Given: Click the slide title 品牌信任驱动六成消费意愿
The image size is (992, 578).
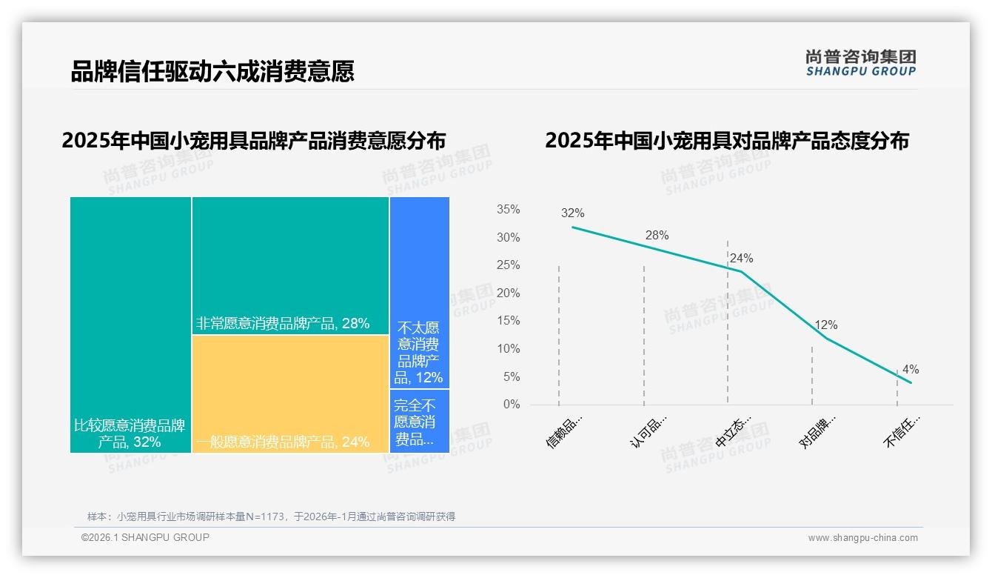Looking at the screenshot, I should tap(212, 71).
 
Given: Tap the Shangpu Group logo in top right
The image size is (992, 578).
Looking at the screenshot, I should tap(860, 63).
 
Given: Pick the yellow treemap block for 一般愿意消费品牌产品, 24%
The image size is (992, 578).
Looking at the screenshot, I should tap(290, 393).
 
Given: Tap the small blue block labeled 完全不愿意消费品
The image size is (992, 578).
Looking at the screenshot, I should tap(419, 421).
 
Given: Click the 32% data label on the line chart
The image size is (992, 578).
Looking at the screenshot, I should tap(572, 213).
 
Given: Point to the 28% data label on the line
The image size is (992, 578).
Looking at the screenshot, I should tap(657, 236).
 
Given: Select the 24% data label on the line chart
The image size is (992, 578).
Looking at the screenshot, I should tap(741, 259).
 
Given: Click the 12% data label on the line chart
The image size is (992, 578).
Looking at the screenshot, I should tap(825, 325).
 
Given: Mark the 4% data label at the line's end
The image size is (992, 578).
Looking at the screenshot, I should tap(910, 370).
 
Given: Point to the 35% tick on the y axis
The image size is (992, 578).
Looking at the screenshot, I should tap(508, 210).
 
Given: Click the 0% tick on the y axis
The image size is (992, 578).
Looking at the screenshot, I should tap(511, 405).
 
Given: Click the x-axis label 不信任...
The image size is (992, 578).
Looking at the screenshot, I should tap(902, 431).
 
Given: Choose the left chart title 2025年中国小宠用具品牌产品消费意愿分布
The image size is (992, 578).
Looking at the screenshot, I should tap(254, 141).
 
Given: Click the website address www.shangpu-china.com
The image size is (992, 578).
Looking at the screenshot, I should tap(862, 538).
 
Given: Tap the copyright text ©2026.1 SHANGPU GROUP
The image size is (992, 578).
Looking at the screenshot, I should tap(145, 537).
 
